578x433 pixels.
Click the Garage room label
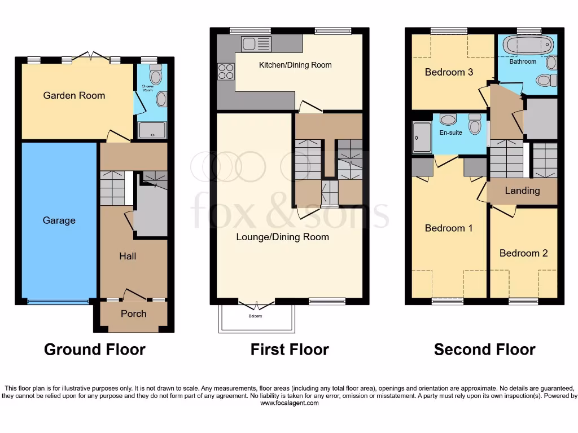coord(59,220)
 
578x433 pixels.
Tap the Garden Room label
coord(74,95)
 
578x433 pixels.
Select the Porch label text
coord(133,313)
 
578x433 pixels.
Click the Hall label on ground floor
coord(128,256)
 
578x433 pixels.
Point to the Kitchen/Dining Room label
coord(295,65)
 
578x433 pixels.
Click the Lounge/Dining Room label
coord(282,237)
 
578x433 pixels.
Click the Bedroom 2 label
coord(523,253)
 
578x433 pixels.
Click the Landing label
coord(522,191)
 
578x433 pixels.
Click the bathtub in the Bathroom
coord(528,45)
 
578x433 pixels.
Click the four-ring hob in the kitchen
coord(226,72)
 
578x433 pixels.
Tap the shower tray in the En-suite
coord(421,138)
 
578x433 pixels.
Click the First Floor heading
coord(290,350)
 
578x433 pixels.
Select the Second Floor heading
coord(484,350)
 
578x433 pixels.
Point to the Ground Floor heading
coord(95,350)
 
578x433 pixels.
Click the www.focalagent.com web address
coord(289,403)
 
